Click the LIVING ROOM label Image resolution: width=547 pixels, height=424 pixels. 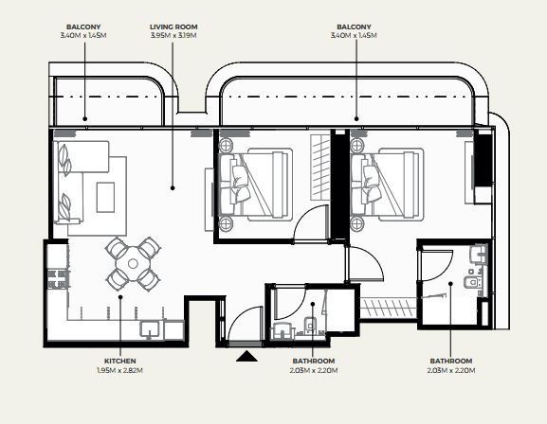173,26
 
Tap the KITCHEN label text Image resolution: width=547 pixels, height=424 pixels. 120,361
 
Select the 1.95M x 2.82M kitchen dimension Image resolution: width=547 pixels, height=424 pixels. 119,370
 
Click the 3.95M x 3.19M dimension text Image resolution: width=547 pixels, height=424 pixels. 173,36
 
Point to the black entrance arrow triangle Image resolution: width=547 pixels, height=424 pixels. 247,357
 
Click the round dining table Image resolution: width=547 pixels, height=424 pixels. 133,264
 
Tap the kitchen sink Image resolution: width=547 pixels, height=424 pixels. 150,329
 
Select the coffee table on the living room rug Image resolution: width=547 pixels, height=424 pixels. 105,197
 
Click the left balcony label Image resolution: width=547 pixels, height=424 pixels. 83,26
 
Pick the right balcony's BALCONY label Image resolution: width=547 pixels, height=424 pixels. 354,26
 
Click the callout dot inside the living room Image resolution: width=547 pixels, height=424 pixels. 173,188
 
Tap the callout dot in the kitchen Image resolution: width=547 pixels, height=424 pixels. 120,297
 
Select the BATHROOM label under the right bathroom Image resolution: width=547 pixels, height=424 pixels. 451,361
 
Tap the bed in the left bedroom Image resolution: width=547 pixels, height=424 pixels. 255,185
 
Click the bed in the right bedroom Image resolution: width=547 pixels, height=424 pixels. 387,185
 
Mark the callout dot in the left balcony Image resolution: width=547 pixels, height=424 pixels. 84,119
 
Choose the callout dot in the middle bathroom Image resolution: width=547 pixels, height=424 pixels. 313,304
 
